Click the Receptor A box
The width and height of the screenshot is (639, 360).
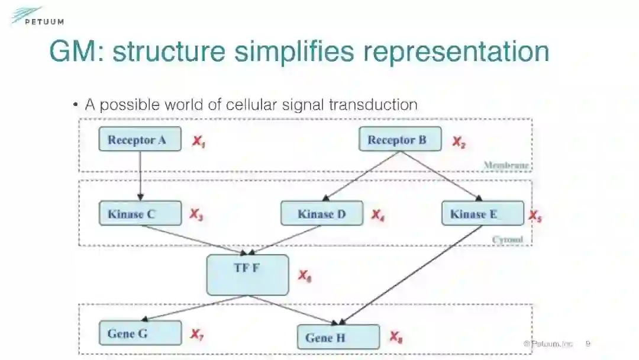140,140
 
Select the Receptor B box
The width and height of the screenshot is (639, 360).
400,140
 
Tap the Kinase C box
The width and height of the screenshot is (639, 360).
140,214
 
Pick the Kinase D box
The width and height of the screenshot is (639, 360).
322,214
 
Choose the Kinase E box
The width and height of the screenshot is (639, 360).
482,214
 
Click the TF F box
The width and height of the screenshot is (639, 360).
247,275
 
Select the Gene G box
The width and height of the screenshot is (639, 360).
140,333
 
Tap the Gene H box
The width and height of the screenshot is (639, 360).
338,337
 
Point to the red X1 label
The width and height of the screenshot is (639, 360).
198,142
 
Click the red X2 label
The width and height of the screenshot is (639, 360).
459,142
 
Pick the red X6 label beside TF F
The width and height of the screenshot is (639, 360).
304,276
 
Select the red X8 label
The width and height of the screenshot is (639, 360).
396,337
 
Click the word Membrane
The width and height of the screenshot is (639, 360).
506,165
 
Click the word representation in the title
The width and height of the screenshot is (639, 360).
456,52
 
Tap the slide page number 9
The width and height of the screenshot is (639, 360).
588,343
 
